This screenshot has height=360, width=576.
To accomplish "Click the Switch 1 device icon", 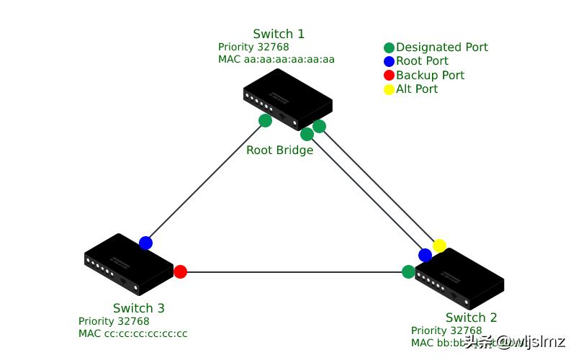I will (x=287, y=99).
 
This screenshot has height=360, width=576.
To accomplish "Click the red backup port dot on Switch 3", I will (x=180, y=271).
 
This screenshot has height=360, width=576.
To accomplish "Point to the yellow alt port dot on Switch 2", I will (x=439, y=246).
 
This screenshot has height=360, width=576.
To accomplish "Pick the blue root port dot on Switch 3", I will (x=145, y=243).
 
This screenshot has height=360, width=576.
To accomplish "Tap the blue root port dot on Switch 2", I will (x=425, y=255).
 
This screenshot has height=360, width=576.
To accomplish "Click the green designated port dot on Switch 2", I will (x=408, y=271).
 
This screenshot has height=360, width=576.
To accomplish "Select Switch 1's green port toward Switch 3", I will (x=265, y=120).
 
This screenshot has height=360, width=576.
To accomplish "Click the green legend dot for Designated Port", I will (x=389, y=48).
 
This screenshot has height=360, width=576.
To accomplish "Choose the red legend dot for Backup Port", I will (x=389, y=75).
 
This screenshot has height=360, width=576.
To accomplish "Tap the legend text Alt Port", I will (x=417, y=89).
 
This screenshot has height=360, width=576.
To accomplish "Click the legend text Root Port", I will (x=422, y=61).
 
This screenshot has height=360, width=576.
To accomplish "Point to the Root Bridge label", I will (x=279, y=150).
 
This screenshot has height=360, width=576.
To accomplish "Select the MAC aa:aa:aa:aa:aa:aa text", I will (x=276, y=60).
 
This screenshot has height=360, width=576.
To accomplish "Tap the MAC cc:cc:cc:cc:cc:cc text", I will (x=132, y=333).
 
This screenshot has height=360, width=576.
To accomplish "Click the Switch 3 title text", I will (x=138, y=308).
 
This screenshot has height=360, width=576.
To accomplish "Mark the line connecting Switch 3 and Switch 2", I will (x=295, y=272).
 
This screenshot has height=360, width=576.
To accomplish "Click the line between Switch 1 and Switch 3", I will (x=205, y=181).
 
